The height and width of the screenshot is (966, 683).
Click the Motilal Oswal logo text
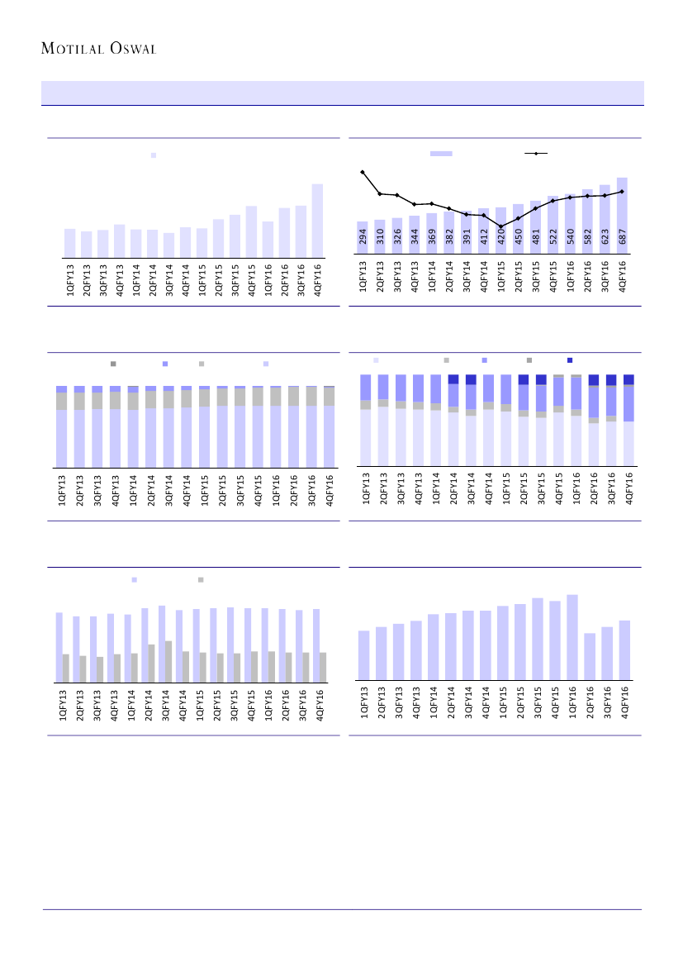99,49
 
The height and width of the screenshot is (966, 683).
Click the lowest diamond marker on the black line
501,226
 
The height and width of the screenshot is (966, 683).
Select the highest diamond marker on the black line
363,172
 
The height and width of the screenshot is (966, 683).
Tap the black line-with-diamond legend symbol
536,154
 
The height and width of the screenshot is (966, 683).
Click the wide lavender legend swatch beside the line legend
441,154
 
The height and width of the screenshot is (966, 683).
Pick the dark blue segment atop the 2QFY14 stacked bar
453,379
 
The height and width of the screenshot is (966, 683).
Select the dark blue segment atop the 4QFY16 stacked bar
628,379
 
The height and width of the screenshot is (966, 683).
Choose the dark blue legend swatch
570,360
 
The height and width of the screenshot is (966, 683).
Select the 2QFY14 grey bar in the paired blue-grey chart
151,664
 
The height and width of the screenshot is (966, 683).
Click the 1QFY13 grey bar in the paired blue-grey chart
65,669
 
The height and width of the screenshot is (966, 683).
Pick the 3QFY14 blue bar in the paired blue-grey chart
162,644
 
